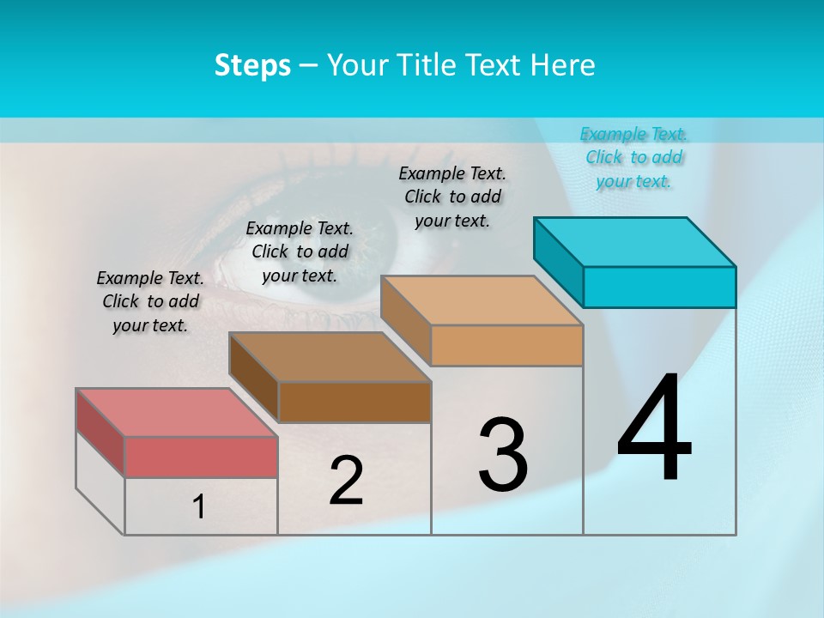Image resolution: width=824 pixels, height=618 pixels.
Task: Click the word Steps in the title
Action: [x=252, y=65]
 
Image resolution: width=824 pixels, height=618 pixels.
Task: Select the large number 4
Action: [x=654, y=428]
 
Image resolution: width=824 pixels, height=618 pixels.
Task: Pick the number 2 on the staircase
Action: [x=346, y=481]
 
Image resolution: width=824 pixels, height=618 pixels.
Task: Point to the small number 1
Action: [x=199, y=507]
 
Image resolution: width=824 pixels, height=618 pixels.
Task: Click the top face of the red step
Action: [x=177, y=413]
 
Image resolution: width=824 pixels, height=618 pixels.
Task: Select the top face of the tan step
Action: [x=482, y=300]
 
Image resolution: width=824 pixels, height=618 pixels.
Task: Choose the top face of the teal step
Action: [x=635, y=242]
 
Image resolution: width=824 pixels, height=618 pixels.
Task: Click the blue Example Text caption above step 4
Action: [x=633, y=157]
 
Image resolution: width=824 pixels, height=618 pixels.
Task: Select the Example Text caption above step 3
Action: [x=452, y=197]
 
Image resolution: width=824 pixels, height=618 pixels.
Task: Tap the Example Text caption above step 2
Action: [x=300, y=251]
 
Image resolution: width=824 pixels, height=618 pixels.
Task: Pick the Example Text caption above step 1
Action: [x=150, y=301]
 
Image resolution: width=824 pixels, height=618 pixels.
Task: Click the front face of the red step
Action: [x=201, y=457]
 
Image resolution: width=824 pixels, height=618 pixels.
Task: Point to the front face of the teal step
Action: [x=659, y=287]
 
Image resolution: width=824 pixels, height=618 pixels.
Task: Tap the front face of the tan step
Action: [x=506, y=345]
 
